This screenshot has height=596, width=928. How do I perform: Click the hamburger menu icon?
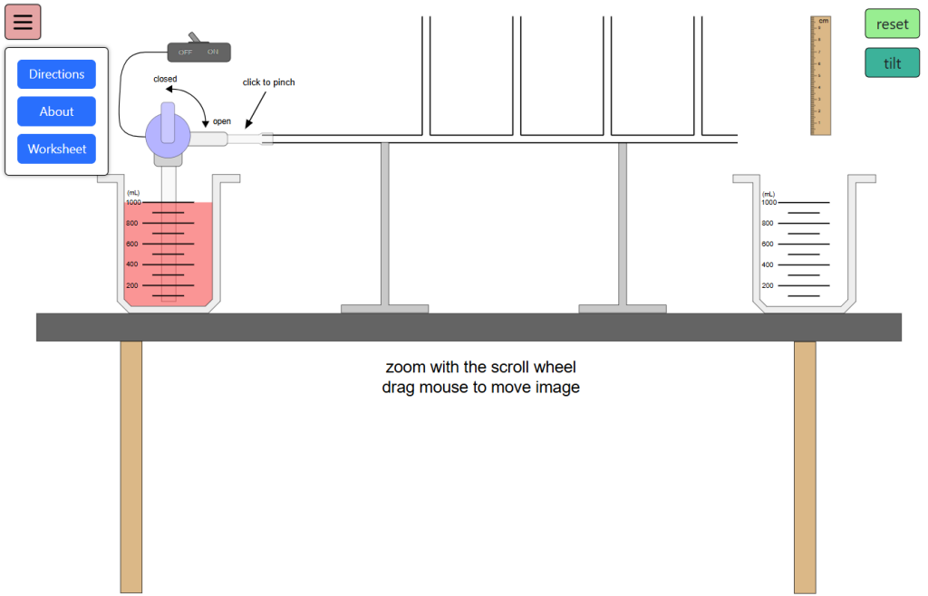(x=23, y=22)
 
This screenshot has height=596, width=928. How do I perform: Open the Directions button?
(x=56, y=74)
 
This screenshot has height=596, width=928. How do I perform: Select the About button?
(x=56, y=111)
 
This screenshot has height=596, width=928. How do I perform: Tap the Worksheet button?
(x=56, y=149)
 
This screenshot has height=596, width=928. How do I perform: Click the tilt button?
(x=892, y=63)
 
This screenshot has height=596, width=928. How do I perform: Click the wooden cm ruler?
(x=820, y=76)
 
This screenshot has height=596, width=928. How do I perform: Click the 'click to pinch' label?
(x=268, y=82)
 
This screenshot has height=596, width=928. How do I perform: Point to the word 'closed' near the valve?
(x=165, y=79)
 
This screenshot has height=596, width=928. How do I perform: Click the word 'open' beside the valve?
(x=222, y=121)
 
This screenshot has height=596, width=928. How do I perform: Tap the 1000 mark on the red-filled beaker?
(x=133, y=202)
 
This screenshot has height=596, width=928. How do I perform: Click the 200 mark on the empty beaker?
(x=768, y=285)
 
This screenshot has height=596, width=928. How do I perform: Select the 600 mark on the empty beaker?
(x=768, y=244)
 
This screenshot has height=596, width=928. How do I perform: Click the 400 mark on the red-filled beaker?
(x=132, y=264)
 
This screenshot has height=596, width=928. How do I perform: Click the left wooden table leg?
(x=131, y=466)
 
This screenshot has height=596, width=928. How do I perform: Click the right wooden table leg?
(x=805, y=466)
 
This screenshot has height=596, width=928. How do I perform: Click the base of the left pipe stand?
(x=384, y=309)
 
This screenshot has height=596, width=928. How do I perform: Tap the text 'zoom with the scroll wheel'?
(x=480, y=368)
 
